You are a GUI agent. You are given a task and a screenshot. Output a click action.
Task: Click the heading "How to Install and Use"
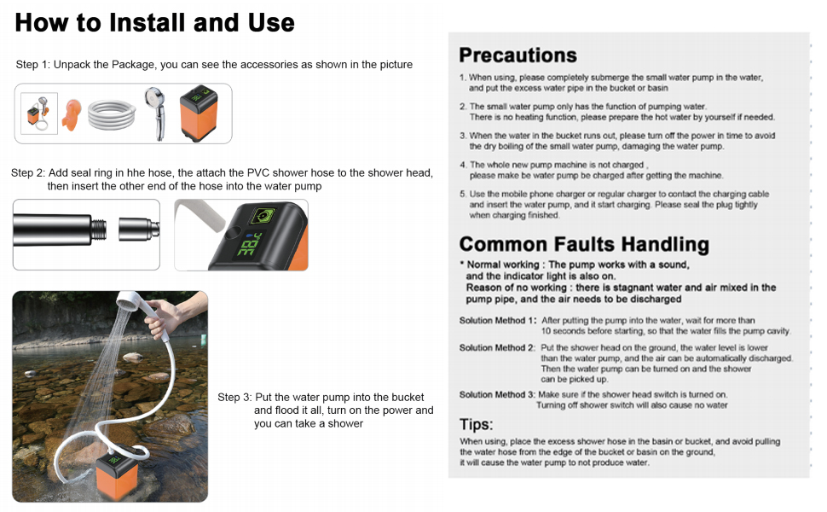pos(154,23)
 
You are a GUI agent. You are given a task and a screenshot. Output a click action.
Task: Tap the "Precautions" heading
pos(518,55)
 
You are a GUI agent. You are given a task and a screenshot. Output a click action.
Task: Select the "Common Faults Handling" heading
pos(584,244)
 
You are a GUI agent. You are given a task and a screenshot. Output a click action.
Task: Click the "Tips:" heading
pos(476,424)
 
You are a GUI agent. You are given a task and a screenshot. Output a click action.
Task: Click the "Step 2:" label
pos(28,172)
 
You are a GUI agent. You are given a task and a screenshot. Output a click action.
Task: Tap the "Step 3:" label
pos(234,398)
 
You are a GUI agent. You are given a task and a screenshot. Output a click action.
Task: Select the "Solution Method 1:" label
pos(498,321)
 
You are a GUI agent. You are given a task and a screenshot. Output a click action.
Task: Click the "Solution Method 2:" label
pos(498,348)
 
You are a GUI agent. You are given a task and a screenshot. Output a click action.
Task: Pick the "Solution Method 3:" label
pos(498,395)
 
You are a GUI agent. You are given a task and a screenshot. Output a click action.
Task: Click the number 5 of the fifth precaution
pos(462,195)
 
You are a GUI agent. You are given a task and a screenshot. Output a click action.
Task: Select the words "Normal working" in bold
pos(502,265)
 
